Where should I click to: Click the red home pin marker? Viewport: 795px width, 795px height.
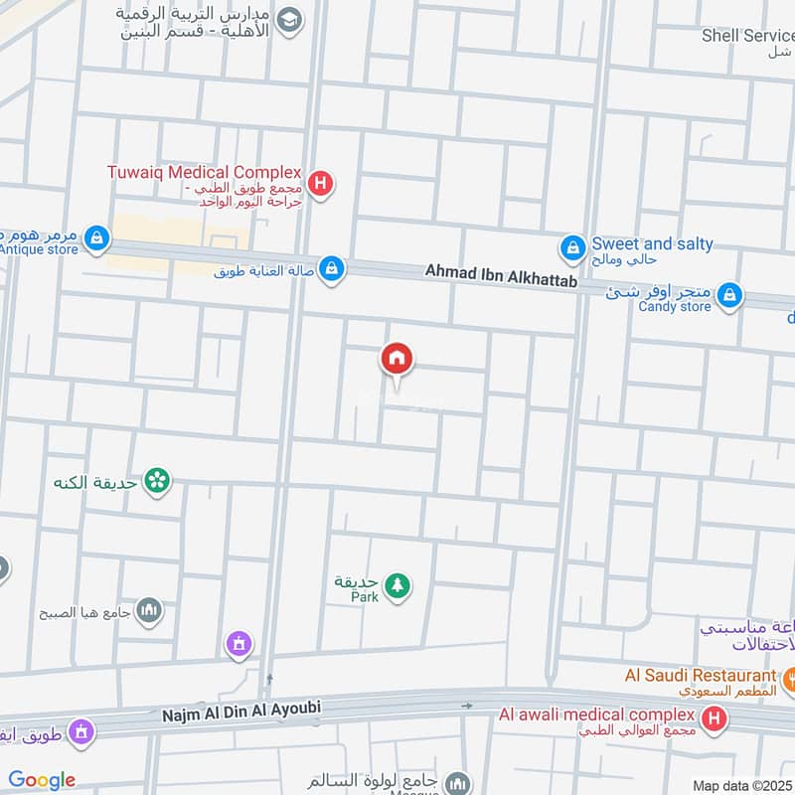click(397, 360)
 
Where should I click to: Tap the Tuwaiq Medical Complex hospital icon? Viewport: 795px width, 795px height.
click(320, 183)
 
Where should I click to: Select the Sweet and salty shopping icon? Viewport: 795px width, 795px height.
click(571, 245)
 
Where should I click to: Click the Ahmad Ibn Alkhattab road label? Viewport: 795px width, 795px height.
click(501, 270)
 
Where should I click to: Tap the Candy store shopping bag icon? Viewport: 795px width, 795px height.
click(730, 294)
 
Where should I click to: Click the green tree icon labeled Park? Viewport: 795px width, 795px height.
click(397, 585)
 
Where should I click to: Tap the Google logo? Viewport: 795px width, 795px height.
click(42, 780)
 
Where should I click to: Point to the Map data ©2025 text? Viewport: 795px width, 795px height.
click(741, 785)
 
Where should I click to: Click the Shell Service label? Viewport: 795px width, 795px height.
click(747, 35)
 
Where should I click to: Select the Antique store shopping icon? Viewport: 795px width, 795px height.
click(96, 238)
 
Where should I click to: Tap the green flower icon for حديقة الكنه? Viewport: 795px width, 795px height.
click(157, 482)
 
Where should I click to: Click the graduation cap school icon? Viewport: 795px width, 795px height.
click(289, 21)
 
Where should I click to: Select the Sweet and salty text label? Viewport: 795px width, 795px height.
click(652, 244)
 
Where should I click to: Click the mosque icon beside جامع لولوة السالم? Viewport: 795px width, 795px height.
click(457, 782)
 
